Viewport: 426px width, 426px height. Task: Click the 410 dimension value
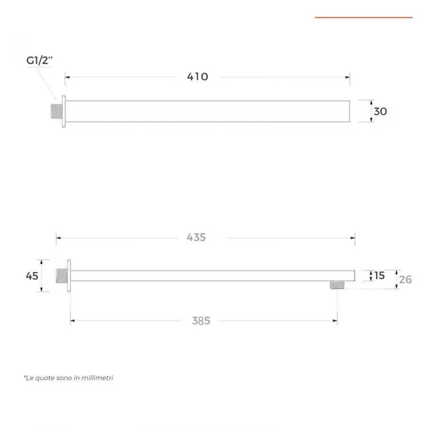tap(197, 77)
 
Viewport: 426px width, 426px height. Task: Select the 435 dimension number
tap(196, 238)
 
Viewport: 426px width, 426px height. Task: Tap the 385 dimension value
tap(201, 321)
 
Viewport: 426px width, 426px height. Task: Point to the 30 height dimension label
tap(381, 111)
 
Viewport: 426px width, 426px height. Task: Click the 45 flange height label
tap(32, 276)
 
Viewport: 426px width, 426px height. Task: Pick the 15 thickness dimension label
tap(380, 275)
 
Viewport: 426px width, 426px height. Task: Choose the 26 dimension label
tap(405, 280)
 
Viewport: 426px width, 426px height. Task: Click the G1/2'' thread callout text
tap(39, 60)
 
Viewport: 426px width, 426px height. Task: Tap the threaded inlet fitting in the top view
tap(56, 111)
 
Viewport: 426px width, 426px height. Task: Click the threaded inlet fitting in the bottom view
tap(62, 275)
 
